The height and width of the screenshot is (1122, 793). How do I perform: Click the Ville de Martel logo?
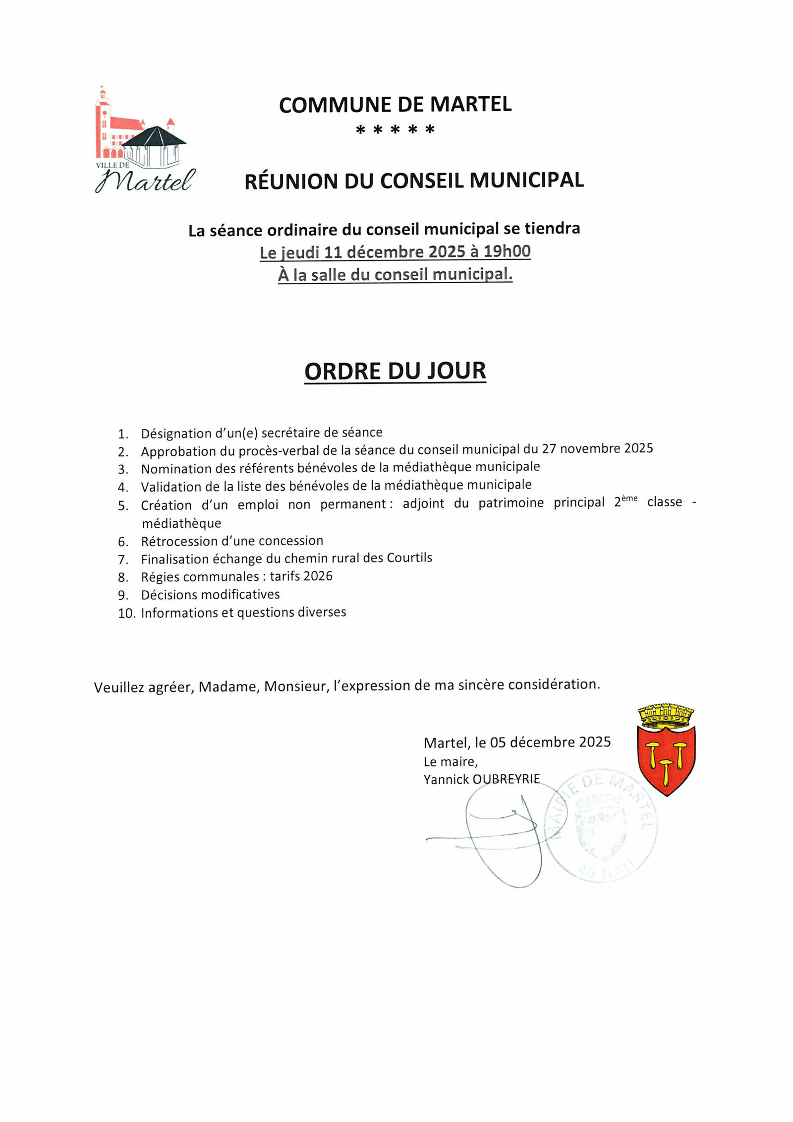tap(144, 140)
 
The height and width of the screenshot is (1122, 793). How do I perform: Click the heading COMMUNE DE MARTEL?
tap(395, 105)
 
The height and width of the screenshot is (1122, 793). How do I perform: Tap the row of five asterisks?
tap(395, 130)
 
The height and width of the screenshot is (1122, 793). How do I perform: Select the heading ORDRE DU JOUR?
tap(395, 371)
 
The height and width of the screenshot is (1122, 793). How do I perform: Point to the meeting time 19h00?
tap(507, 251)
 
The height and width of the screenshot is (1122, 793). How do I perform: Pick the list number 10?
tap(126, 614)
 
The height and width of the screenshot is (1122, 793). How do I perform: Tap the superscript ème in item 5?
tap(629, 499)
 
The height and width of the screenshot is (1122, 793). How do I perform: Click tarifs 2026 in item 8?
tap(301, 576)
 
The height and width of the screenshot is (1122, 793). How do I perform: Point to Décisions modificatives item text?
tap(210, 594)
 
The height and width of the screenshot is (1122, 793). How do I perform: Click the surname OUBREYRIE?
tap(506, 779)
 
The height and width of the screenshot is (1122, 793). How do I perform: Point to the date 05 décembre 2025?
tap(550, 742)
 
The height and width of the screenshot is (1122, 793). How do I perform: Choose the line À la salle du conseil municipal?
tap(395, 274)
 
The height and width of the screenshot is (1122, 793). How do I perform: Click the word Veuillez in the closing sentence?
tap(119, 687)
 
